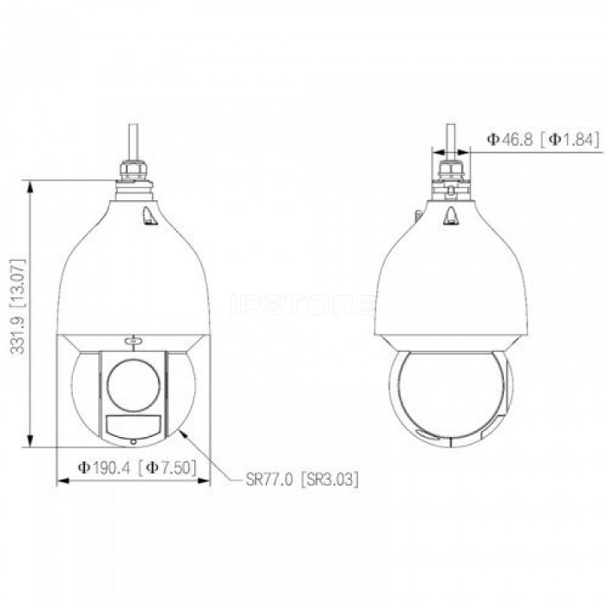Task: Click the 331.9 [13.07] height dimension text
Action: point(18,306)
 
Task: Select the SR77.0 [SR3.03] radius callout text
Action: point(302,480)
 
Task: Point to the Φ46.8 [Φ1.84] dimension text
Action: point(544,140)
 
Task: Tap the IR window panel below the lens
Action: point(134,427)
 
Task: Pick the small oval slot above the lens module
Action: point(134,341)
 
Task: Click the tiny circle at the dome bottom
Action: point(134,441)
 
